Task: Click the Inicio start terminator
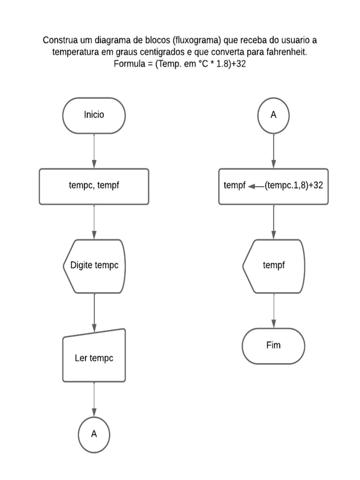click(x=94, y=115)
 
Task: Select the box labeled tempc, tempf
click(x=94, y=187)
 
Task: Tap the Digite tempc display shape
click(x=94, y=266)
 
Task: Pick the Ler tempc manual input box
click(x=94, y=356)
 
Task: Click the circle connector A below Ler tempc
click(x=94, y=435)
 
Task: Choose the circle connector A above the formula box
click(x=273, y=115)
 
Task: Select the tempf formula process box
click(x=273, y=187)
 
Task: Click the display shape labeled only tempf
click(x=273, y=266)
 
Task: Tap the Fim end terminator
click(x=273, y=346)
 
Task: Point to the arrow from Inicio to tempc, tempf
click(x=94, y=151)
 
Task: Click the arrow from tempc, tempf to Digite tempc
click(x=94, y=222)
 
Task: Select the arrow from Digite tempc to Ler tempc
click(x=94, y=313)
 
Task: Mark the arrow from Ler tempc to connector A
click(x=94, y=399)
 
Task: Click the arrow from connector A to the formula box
click(x=274, y=151)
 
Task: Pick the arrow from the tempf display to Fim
click(x=274, y=311)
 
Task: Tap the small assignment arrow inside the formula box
click(x=256, y=186)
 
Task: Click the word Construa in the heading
click(x=60, y=40)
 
